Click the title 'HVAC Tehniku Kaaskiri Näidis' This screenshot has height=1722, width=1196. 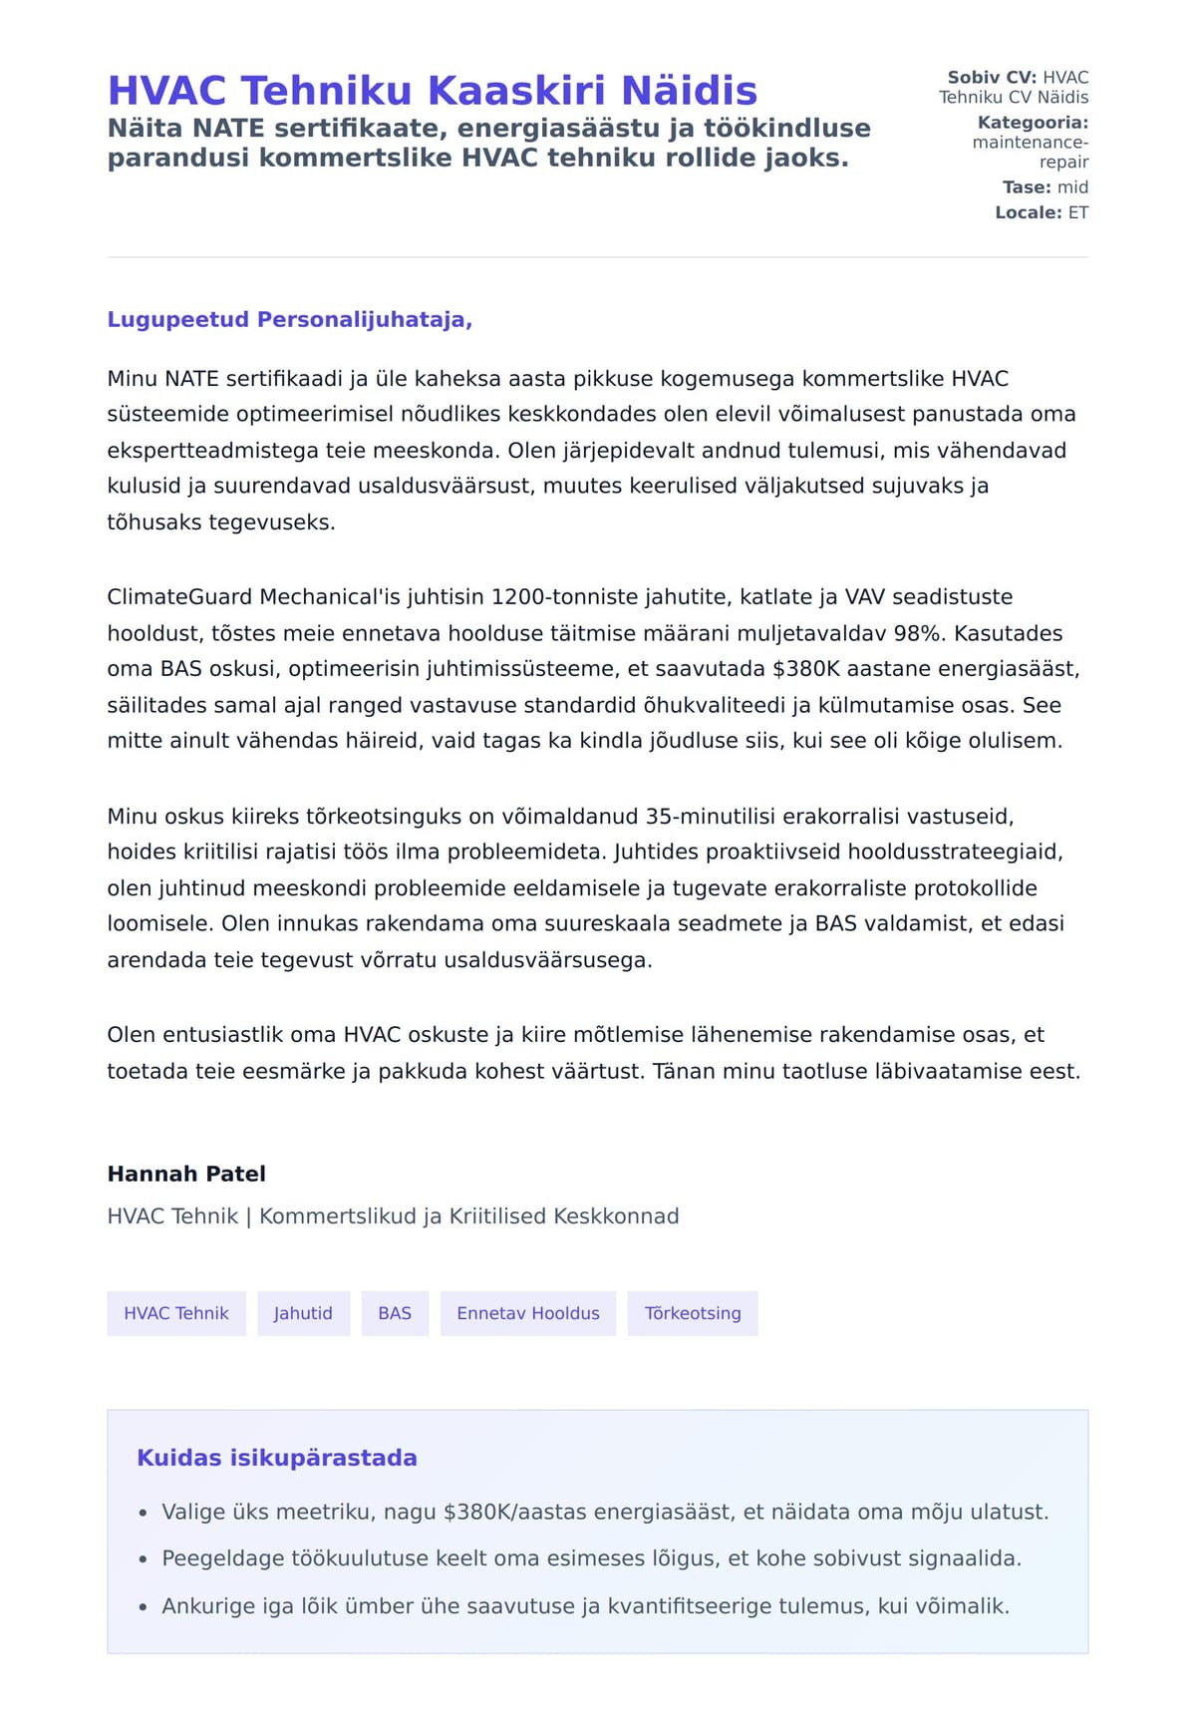(x=432, y=91)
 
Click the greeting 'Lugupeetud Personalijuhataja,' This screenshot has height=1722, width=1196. (x=289, y=320)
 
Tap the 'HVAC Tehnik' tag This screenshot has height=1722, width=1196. (x=176, y=1313)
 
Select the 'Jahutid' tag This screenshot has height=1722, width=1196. (x=303, y=1313)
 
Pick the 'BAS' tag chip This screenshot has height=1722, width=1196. (x=395, y=1313)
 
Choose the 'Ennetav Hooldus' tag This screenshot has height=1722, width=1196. (x=528, y=1313)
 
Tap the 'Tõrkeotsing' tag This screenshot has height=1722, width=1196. (x=693, y=1313)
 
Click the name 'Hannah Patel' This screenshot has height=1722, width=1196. (x=186, y=1174)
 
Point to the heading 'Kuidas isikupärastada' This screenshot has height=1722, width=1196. (x=277, y=1458)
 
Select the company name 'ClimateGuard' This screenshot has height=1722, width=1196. (x=180, y=597)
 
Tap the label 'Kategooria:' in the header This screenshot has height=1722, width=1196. (x=1033, y=123)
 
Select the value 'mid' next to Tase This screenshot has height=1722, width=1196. (x=1072, y=187)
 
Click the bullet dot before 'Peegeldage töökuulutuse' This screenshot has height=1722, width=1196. (x=144, y=1559)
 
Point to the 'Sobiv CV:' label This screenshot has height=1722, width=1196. (x=992, y=77)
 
